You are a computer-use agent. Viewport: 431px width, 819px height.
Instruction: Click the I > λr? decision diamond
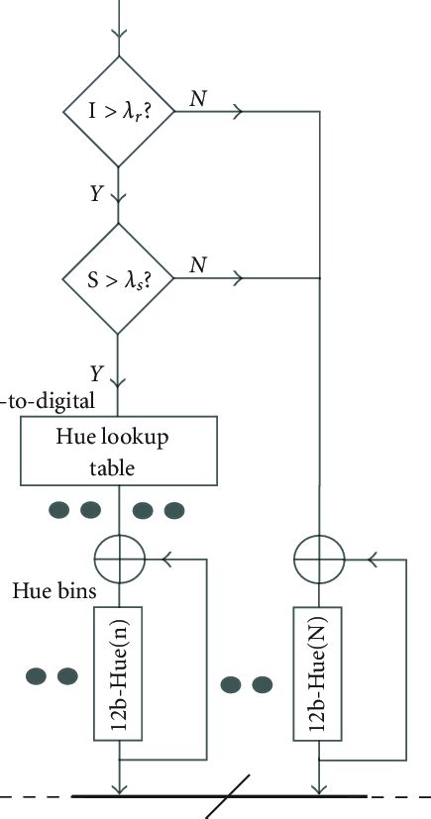[x=118, y=112]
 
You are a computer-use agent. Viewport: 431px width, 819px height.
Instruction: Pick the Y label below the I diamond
[x=95, y=195]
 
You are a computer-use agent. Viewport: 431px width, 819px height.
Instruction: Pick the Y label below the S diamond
[x=95, y=374]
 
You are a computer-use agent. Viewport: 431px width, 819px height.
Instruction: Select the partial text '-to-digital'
[x=48, y=401]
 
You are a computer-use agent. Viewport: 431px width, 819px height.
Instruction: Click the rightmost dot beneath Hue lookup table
[x=174, y=510]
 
